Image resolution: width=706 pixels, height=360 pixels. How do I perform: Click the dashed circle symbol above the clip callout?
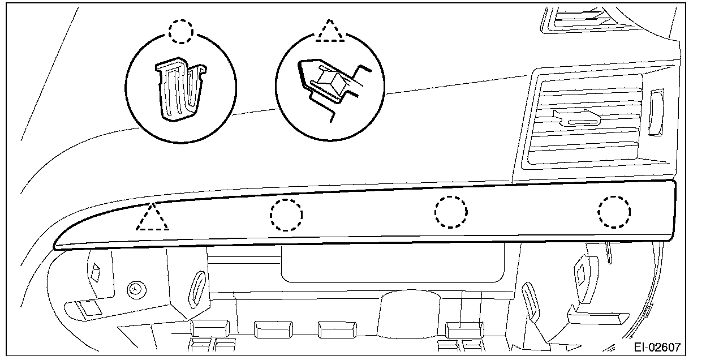(x=181, y=32)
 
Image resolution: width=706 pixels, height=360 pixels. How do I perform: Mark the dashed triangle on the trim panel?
(x=152, y=218)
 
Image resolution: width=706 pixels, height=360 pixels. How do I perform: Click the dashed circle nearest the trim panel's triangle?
(x=286, y=215)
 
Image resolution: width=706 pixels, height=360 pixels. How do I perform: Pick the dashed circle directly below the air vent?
(x=614, y=213)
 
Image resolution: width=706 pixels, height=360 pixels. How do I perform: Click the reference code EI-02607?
(x=656, y=346)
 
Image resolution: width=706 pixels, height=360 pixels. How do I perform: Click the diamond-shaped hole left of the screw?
(x=95, y=273)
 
